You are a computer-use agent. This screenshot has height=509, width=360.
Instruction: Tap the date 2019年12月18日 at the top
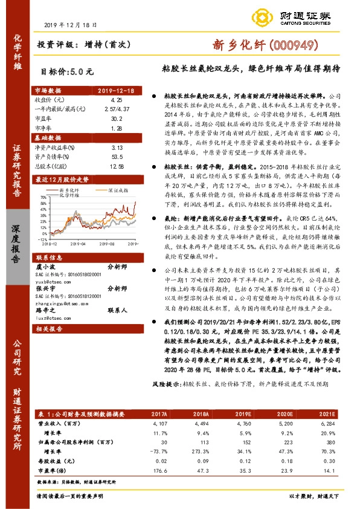click(x=71, y=24)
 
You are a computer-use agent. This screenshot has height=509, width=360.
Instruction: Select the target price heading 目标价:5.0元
click(x=67, y=70)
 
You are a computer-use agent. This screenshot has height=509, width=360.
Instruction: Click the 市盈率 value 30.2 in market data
click(x=117, y=119)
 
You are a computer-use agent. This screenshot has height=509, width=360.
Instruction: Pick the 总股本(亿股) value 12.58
click(x=117, y=166)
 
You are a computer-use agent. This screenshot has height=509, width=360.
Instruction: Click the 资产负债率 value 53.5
click(x=117, y=156)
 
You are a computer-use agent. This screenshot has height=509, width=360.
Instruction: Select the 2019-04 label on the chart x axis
click(x=79, y=244)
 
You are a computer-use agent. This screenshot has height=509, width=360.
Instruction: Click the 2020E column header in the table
click(x=284, y=414)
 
